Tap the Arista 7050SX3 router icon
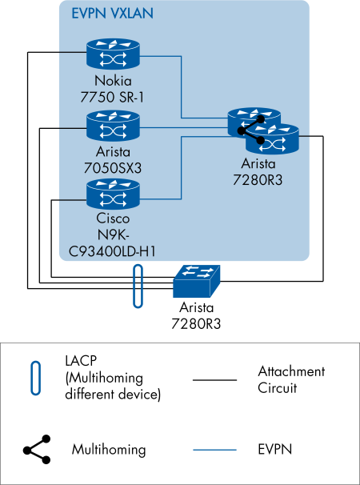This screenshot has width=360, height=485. pos(113,126)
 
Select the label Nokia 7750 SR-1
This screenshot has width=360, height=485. pos(113,88)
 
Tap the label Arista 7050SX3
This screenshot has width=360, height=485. pos(113,158)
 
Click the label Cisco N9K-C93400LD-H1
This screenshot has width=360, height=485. pos(112,234)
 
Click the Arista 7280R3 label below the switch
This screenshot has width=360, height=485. pos(196,316)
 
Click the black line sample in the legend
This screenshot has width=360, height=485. pos(215,379)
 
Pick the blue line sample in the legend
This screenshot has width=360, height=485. pos(215,449)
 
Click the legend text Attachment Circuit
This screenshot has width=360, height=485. pos(291,379)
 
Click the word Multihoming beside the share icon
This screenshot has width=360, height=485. pos(109,449)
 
